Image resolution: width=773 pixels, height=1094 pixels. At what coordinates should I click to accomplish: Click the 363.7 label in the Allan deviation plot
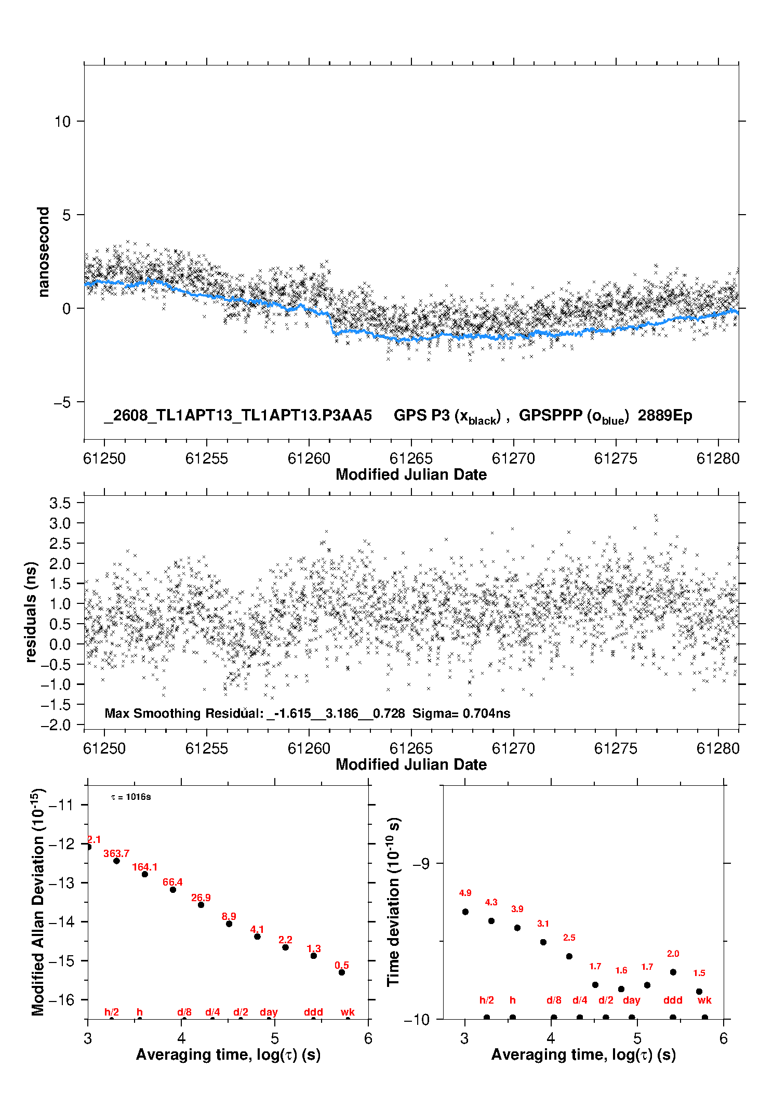tap(116, 853)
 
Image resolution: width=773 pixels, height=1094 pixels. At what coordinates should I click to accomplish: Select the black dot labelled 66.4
tap(173, 890)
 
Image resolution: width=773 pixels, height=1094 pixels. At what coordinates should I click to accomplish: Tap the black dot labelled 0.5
tap(342, 972)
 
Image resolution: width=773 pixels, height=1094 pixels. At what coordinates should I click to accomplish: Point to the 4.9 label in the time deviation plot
tap(465, 893)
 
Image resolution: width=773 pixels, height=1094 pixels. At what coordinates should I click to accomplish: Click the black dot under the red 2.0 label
tap(673, 972)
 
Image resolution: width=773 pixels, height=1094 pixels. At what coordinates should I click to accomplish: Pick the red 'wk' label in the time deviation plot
tap(704, 1000)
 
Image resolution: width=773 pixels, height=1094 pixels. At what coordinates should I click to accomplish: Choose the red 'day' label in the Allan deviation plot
tap(269, 1012)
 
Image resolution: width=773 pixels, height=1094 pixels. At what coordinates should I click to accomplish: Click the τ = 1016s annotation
tap(131, 797)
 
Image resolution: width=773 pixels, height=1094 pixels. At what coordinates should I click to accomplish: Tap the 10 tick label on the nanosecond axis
tap(62, 122)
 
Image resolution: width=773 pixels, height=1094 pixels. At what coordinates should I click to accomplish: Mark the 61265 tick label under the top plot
tap(411, 458)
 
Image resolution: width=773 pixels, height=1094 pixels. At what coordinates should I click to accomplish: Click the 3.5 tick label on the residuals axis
tap(60, 503)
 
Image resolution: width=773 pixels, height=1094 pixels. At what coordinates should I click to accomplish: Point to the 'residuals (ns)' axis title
tap(31, 612)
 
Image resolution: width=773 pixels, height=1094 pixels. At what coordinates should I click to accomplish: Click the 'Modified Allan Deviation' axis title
tap(38, 902)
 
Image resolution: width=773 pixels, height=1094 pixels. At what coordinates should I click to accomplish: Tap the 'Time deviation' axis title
tap(393, 902)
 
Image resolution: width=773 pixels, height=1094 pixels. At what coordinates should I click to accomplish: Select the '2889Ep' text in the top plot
tap(665, 416)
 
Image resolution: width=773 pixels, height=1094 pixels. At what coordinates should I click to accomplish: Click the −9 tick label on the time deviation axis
tap(421, 863)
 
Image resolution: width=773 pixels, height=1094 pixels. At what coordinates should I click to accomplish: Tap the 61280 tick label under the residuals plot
tap(718, 748)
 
